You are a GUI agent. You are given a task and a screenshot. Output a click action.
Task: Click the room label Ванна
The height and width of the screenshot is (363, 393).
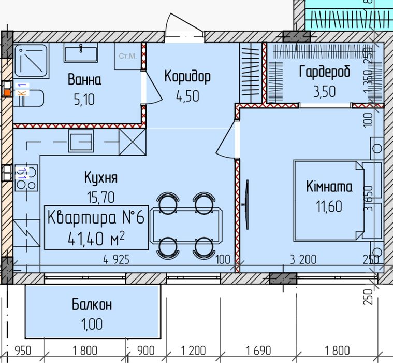tap(84, 80)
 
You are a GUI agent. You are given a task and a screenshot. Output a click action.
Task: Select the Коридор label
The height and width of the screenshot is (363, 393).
tap(187, 77)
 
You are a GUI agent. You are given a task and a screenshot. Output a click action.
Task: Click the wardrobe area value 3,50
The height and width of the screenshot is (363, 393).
tap(325, 91)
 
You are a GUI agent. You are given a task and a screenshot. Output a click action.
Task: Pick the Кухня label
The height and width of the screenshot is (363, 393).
tap(101, 178)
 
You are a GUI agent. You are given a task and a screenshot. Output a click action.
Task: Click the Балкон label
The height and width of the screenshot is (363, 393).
tap(92, 305)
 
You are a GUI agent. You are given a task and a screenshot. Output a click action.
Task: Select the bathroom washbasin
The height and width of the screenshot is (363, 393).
tap(82, 52)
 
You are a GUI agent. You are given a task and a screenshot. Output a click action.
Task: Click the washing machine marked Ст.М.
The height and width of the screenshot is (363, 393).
tap(127, 55)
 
